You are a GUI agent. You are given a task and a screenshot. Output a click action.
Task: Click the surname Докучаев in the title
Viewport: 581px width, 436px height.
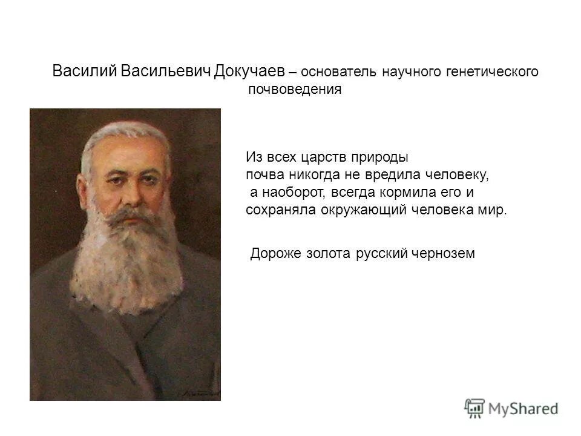click(249, 71)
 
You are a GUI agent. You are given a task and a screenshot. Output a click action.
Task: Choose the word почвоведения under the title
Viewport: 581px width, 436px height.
click(295, 91)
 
